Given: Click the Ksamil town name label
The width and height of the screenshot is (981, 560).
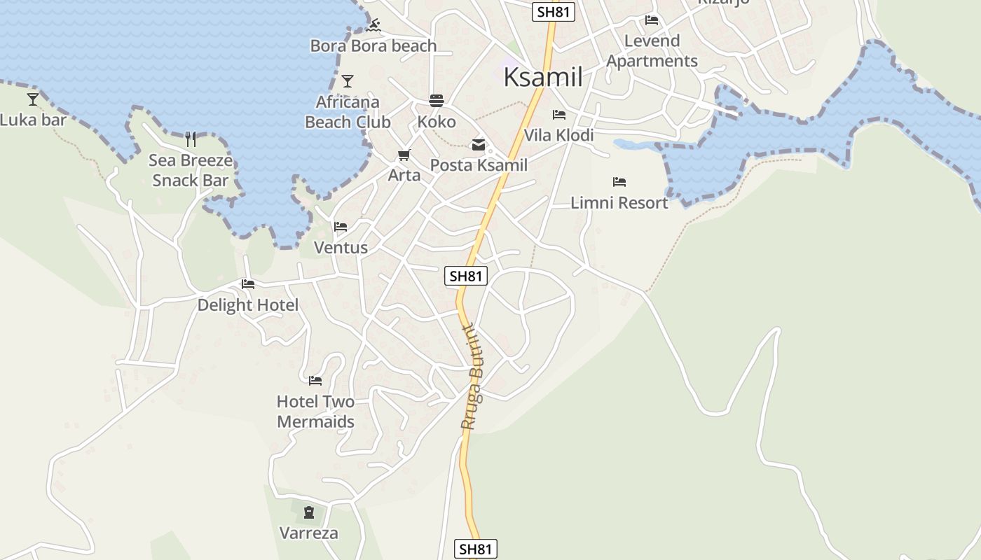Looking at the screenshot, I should [x=543, y=77].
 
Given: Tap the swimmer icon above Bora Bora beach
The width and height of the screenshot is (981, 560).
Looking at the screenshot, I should [x=373, y=26].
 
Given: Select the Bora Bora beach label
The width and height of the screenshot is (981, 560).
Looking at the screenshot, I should [x=373, y=46].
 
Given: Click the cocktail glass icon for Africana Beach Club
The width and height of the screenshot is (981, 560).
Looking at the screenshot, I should [x=348, y=81].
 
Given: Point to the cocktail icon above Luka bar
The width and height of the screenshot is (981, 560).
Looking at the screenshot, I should [x=33, y=99].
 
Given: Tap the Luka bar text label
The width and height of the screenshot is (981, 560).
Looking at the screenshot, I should [x=33, y=120].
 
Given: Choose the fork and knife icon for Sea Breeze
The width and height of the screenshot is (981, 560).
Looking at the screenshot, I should [x=190, y=139].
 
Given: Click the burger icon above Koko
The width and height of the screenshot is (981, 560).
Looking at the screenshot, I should [x=437, y=101].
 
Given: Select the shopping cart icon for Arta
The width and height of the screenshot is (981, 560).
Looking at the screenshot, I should [x=404, y=155].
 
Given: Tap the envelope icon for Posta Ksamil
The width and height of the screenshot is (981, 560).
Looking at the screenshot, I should [x=479, y=145].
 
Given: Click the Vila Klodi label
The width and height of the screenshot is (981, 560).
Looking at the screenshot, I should [x=558, y=135].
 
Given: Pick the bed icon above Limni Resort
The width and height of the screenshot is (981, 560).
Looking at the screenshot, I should [x=619, y=182].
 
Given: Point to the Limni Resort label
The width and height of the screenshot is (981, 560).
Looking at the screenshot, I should [x=619, y=203].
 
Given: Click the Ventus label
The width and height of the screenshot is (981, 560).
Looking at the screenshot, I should [x=341, y=248].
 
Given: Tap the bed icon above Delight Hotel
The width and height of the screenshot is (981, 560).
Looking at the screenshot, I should [x=248, y=284].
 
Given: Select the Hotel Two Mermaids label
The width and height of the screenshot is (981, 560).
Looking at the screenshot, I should [x=315, y=412].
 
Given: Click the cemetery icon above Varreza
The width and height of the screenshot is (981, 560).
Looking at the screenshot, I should [x=309, y=512].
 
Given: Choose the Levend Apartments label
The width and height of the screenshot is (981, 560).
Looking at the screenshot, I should [x=652, y=51].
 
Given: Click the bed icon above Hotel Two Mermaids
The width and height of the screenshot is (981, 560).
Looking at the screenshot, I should [x=315, y=381].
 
